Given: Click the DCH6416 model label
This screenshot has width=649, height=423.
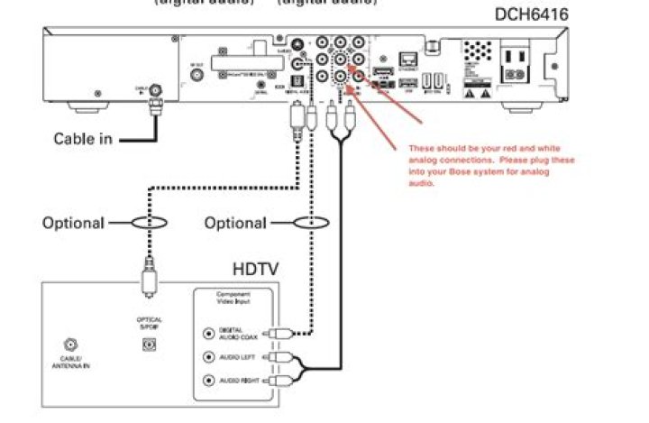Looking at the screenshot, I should tap(532, 15).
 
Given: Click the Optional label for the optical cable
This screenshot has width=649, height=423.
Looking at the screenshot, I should tap(73, 223).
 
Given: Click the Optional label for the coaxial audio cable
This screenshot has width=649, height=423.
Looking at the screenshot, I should tap(235, 223).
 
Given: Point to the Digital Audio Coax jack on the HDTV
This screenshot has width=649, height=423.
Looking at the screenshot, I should tap(209, 333).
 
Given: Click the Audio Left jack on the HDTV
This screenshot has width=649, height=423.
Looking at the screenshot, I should tap(209, 357).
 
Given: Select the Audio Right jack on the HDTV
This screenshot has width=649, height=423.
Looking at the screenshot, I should tap(209, 381).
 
